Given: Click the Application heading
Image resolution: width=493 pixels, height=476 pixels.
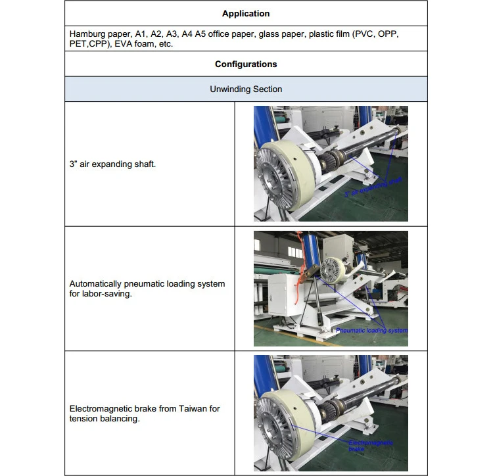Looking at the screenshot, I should (x=246, y=13).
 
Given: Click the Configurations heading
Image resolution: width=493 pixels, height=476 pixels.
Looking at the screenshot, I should (x=246, y=64).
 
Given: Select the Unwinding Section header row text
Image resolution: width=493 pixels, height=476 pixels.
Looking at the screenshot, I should (x=246, y=89).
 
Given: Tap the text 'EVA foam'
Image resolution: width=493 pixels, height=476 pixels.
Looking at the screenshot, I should (x=139, y=44).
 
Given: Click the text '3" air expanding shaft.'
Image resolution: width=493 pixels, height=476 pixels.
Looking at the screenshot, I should (x=112, y=164).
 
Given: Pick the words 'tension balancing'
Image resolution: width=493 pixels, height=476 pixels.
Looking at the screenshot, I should (x=104, y=419).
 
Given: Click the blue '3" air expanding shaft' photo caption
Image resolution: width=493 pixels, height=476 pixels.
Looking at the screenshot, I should (x=372, y=187).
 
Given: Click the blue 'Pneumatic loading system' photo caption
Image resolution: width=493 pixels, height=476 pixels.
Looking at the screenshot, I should (x=371, y=330).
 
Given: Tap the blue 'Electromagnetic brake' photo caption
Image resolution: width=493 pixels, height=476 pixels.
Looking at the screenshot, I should (x=370, y=445).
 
